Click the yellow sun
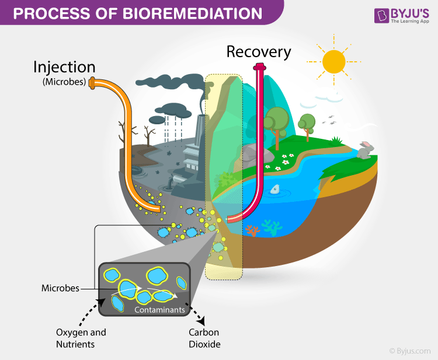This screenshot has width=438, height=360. [x=334, y=61]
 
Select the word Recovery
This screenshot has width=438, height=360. [x=259, y=52]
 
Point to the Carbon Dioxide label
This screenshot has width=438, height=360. [x=204, y=338]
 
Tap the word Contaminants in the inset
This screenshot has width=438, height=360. [x=159, y=310]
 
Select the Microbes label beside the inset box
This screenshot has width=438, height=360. [x=60, y=288]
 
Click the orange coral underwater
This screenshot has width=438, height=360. [x=253, y=230]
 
